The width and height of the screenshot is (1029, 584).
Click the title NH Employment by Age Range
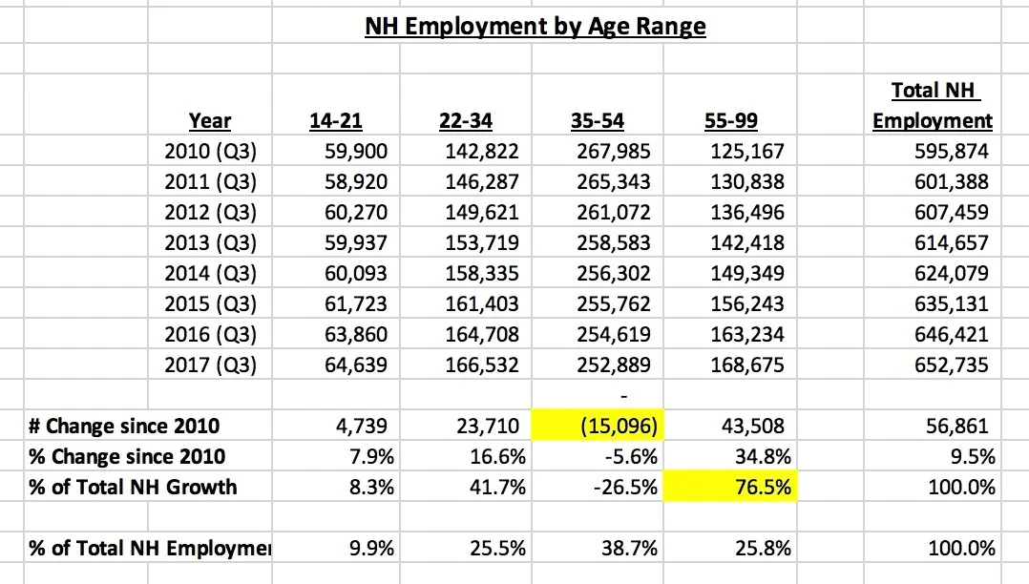(x=535, y=26)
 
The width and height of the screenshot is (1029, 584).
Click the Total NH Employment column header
(x=933, y=106)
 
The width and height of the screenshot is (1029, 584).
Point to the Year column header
(x=210, y=121)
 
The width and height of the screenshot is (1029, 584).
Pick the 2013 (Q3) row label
(x=210, y=243)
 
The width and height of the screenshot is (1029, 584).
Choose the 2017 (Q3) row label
(x=210, y=365)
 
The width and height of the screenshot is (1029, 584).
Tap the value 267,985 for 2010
(x=614, y=151)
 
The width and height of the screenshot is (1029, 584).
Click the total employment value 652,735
(x=952, y=365)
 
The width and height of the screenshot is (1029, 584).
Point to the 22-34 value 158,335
(x=482, y=274)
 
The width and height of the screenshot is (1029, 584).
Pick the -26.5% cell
(x=625, y=487)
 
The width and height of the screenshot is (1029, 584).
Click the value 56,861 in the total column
(x=957, y=426)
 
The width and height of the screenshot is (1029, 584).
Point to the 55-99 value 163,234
(x=747, y=334)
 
